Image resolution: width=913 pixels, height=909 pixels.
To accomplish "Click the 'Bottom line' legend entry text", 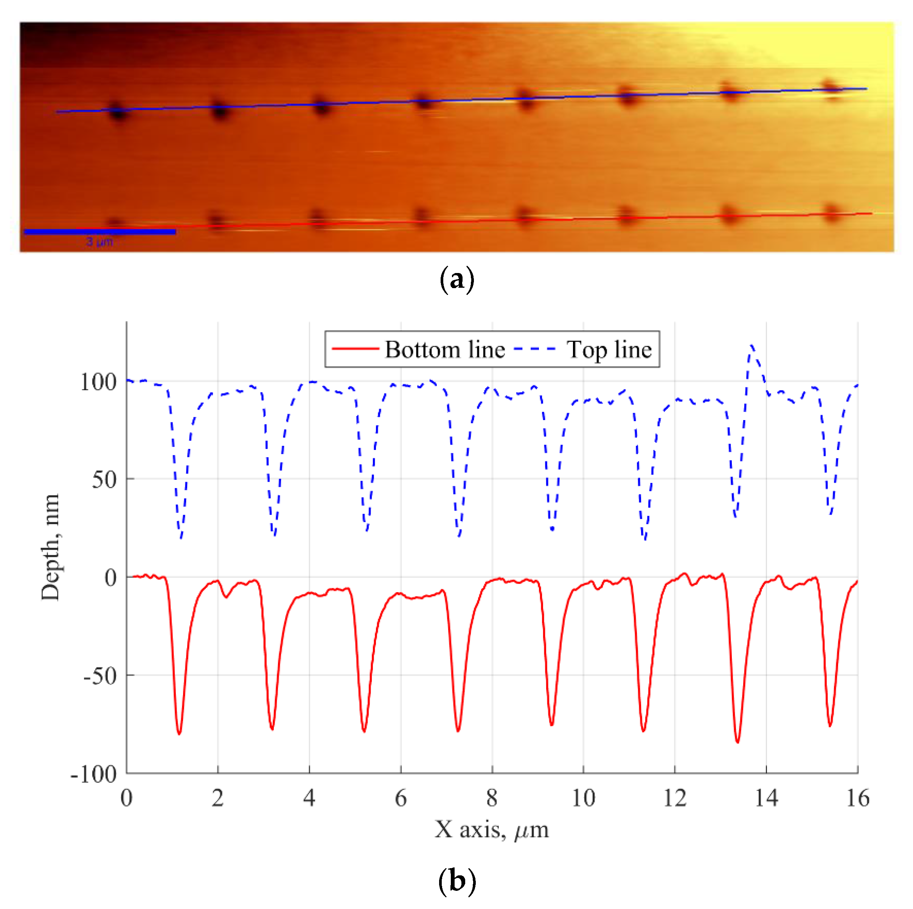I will (x=445, y=350).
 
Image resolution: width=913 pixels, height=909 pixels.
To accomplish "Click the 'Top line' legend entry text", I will (x=609, y=350).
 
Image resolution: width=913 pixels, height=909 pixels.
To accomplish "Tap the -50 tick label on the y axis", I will (x=100, y=676).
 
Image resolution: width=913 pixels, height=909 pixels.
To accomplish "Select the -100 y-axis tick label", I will (x=93, y=774).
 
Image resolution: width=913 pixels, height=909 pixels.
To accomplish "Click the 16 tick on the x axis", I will (x=857, y=799).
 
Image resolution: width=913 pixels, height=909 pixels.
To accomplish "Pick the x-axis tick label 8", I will (x=492, y=799).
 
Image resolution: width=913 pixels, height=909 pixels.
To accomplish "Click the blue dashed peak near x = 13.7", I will (x=752, y=346).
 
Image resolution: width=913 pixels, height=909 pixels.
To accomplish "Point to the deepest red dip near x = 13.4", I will (x=738, y=742).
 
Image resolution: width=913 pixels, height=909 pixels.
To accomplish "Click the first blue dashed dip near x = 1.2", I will (x=180, y=538).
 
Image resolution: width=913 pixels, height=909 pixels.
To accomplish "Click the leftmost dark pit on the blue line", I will (x=118, y=112).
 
